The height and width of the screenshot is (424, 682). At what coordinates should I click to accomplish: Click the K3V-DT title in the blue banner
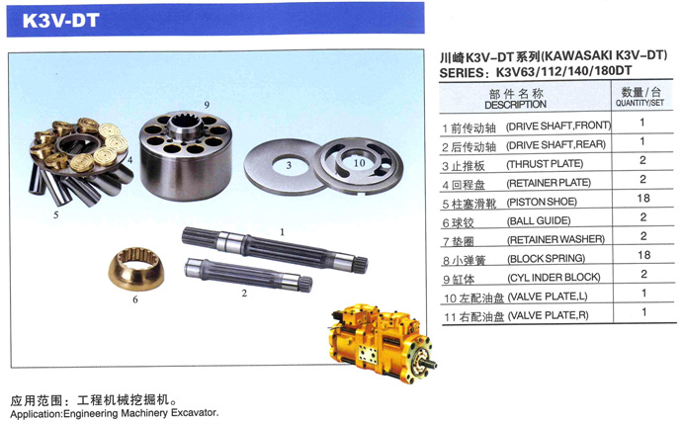click(60, 21)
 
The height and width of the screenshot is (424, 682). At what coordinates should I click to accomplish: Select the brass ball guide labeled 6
click(136, 268)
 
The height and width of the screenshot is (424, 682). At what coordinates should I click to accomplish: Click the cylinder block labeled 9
click(186, 155)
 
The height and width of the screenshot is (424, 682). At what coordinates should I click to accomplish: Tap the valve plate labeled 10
click(359, 165)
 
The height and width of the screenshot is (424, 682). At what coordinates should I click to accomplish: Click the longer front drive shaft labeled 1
click(275, 250)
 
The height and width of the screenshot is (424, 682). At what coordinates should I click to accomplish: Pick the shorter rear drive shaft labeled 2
click(248, 275)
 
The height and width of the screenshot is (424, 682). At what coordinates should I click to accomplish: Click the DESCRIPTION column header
click(515, 105)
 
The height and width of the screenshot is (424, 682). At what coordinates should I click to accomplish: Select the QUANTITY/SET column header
click(639, 103)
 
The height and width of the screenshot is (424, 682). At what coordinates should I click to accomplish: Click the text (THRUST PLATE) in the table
click(545, 164)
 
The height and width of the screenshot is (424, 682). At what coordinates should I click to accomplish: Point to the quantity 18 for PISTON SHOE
click(643, 199)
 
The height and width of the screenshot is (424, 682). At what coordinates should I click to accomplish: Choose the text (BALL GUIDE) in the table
click(539, 221)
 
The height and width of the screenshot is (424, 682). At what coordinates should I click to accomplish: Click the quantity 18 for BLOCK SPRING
click(643, 255)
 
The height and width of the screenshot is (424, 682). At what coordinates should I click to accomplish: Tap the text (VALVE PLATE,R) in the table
click(548, 315)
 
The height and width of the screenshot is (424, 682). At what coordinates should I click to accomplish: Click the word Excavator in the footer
click(195, 412)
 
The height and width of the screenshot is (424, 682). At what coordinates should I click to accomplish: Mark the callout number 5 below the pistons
click(56, 214)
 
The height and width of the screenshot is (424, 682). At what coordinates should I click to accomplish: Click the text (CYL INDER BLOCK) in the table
click(554, 278)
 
